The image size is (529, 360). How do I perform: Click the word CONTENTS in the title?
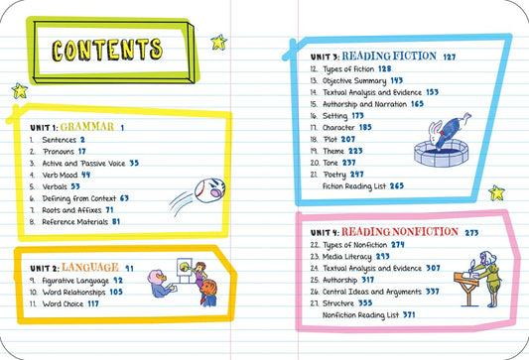click(x=107, y=50)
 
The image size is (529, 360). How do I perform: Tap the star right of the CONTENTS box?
click(x=219, y=42)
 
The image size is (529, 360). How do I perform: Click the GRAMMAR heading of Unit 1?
click(x=87, y=127)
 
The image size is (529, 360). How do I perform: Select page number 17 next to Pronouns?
click(x=82, y=152)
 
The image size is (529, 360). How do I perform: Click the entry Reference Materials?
click(x=74, y=222)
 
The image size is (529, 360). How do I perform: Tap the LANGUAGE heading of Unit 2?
click(x=90, y=268)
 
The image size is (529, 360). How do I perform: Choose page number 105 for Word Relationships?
click(x=116, y=292)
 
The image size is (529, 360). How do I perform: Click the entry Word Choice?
click(x=63, y=303)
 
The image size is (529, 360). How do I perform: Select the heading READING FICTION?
click(x=389, y=56)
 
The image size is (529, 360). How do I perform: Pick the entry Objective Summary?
click(x=354, y=81)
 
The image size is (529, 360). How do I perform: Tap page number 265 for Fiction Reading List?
click(x=397, y=185)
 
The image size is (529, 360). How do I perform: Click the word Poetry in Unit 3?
click(x=334, y=175)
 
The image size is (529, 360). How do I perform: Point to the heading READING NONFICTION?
click(x=400, y=232)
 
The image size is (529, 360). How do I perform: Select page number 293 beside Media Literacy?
click(x=382, y=257)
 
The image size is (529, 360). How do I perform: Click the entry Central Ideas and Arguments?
click(x=372, y=292)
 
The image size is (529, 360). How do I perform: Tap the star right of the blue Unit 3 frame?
click(x=496, y=192)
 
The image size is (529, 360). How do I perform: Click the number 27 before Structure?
click(x=315, y=303)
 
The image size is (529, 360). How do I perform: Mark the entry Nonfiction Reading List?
click(x=360, y=315)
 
